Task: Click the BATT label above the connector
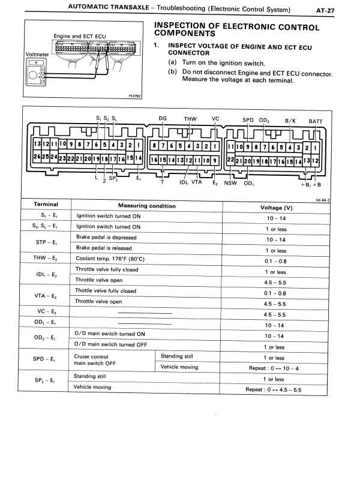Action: [x=316, y=121]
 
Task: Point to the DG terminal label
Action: [x=163, y=118]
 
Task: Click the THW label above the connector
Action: [x=190, y=119]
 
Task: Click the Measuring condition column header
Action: [x=147, y=206]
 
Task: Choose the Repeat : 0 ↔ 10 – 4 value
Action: [x=274, y=368]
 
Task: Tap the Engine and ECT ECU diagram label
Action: [x=79, y=37]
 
